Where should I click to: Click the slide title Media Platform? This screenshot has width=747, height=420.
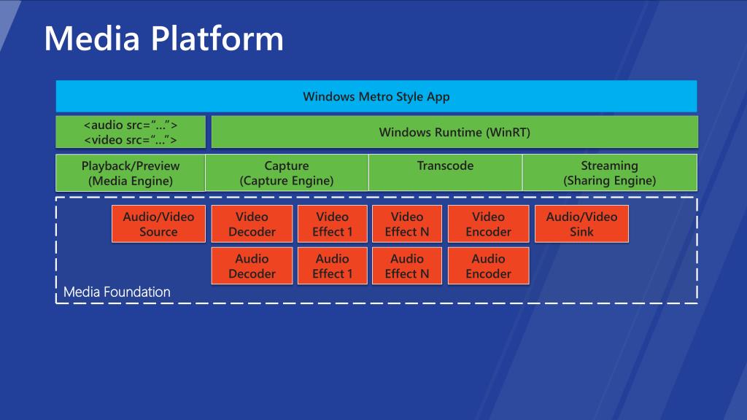(164, 38)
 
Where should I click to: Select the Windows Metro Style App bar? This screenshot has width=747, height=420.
(376, 96)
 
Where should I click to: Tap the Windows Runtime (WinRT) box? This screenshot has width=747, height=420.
(454, 132)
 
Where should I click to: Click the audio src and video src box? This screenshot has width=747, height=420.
(131, 132)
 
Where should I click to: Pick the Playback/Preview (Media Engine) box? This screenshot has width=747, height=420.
(131, 173)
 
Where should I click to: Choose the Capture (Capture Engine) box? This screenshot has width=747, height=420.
(287, 173)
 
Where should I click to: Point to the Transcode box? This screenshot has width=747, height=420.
(446, 173)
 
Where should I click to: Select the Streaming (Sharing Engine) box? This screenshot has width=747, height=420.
(610, 173)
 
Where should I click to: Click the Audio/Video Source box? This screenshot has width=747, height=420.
(158, 224)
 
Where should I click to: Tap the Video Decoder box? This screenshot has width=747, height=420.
(252, 224)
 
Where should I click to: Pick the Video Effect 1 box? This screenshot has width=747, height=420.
(333, 224)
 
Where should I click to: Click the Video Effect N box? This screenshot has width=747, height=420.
(407, 224)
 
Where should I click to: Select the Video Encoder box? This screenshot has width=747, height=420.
(488, 224)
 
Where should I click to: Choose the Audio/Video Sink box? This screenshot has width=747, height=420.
(581, 224)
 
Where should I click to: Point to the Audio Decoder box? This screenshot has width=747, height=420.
(252, 265)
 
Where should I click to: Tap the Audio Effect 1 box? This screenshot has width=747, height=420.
(333, 265)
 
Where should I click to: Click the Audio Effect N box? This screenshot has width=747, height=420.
(407, 265)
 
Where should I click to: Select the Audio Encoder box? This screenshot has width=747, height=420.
(488, 265)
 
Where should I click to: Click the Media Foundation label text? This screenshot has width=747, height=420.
(117, 292)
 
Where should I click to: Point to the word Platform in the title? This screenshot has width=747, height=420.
(217, 38)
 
